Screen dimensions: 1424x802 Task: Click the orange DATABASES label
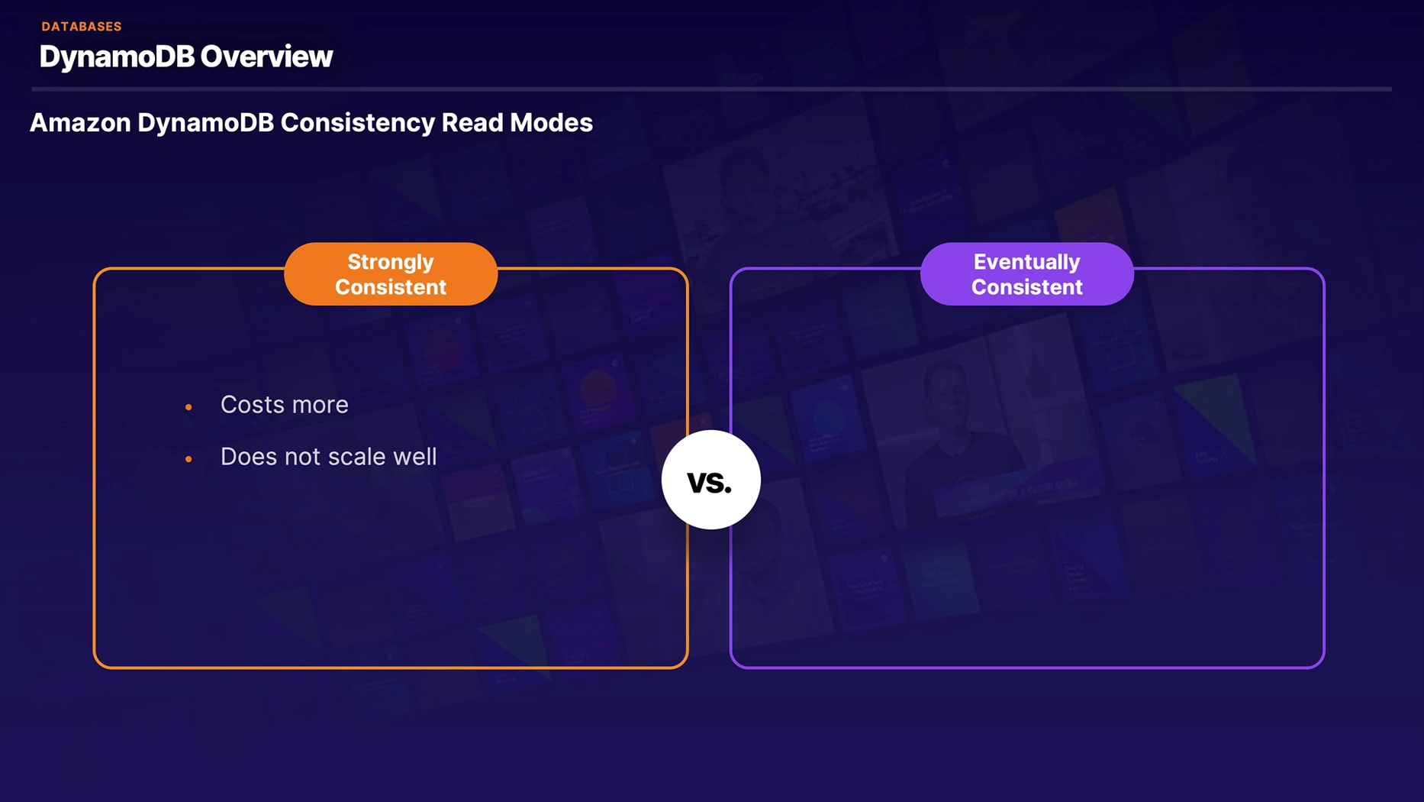click(x=82, y=27)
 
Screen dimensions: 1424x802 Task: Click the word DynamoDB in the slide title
click(x=116, y=57)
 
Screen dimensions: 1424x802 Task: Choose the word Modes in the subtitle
click(x=552, y=123)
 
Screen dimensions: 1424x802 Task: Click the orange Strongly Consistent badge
click(x=391, y=274)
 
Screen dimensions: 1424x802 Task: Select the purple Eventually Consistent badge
click(x=1026, y=274)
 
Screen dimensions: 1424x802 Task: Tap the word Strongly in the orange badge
click(x=391, y=262)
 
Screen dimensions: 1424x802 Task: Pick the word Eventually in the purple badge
click(x=1026, y=262)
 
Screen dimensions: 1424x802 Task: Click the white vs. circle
click(x=710, y=480)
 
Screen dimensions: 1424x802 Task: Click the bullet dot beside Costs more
click(x=188, y=407)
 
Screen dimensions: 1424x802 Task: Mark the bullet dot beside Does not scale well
click(x=188, y=459)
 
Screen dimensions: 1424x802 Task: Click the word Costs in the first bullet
click(x=248, y=405)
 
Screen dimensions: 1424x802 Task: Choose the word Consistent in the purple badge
click(x=1026, y=287)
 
